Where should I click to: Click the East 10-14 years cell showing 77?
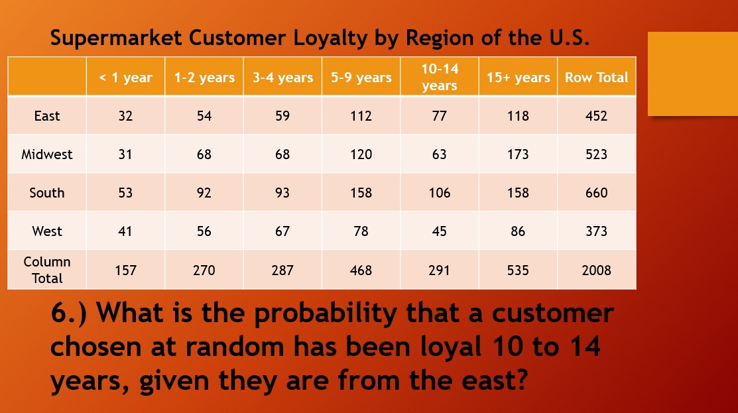[x=439, y=116]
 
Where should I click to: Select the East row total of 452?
[x=596, y=116]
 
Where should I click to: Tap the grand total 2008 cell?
[x=596, y=270]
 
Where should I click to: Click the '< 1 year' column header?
[x=126, y=77]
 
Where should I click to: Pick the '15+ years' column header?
[x=519, y=77]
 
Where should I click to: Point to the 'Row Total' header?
[x=596, y=77]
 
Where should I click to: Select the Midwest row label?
[x=47, y=154]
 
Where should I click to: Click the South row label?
[x=47, y=193]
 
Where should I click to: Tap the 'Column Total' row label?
[x=47, y=270]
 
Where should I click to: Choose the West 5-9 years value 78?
[x=361, y=231]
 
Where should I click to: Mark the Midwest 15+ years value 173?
[x=519, y=154]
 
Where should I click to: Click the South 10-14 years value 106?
[x=439, y=193]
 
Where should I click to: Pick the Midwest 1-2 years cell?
[x=204, y=154]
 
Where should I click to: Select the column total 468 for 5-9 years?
[x=361, y=270]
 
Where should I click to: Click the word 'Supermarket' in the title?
[x=116, y=38]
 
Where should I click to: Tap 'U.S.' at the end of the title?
[x=569, y=38]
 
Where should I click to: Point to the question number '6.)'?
[x=69, y=313]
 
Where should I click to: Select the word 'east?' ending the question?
[x=494, y=380]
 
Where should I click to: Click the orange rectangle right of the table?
[x=693, y=74]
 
